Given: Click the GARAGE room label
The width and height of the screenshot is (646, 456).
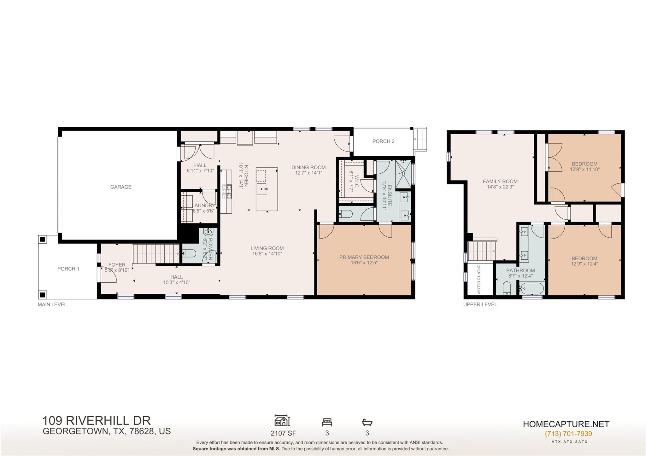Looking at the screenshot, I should click(x=121, y=187).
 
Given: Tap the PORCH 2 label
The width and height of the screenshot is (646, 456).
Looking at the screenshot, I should click(x=383, y=141).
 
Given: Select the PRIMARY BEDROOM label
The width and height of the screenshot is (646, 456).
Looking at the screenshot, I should click(x=364, y=257).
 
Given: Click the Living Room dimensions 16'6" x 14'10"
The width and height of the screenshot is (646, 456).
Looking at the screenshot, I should click(x=267, y=254).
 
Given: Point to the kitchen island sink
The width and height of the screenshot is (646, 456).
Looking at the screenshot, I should click(x=262, y=189).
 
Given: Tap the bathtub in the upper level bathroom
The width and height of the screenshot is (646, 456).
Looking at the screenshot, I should click(x=532, y=288).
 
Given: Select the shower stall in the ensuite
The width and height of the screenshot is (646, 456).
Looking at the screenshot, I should click(x=403, y=173).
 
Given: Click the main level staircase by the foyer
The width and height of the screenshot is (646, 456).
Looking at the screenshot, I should click(x=156, y=253).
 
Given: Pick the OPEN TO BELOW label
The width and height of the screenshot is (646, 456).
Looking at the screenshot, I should click(x=479, y=279).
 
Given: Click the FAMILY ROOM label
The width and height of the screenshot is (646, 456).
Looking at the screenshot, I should click(x=500, y=181).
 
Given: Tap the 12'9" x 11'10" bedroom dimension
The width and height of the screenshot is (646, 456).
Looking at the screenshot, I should click(x=584, y=169).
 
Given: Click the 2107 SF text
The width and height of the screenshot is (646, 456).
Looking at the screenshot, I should click(x=283, y=433).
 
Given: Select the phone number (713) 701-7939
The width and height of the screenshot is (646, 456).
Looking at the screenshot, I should click(x=568, y=434).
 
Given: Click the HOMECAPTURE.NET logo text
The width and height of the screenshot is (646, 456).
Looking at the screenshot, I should click(x=566, y=424).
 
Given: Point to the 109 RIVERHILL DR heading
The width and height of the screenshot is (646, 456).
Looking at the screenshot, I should click(x=97, y=420).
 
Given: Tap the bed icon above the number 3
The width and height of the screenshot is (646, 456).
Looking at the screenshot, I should click(x=327, y=422).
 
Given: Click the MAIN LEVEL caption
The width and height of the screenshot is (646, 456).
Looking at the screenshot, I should click(x=52, y=304).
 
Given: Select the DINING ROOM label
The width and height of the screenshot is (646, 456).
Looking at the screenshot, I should click(x=308, y=167).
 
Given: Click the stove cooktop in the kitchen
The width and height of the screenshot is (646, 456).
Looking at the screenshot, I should click(x=227, y=191).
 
